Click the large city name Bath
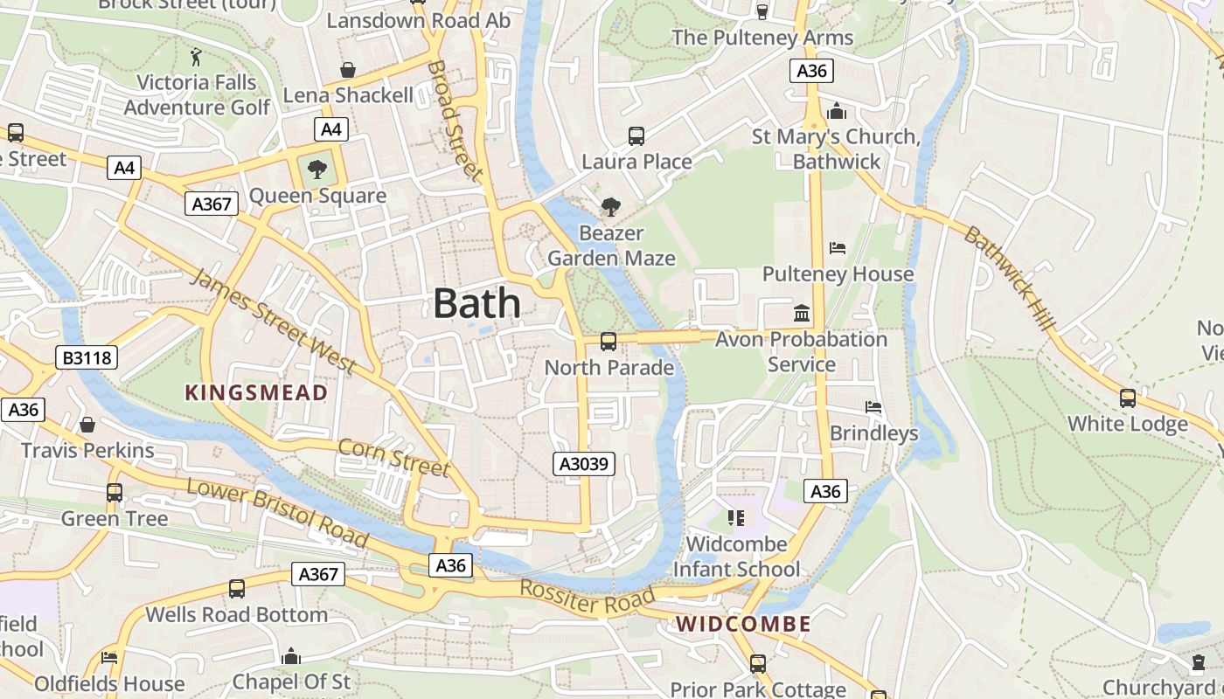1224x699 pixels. coord(477,304)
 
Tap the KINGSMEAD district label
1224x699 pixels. coord(256,393)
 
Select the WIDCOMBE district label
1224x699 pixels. coord(744,624)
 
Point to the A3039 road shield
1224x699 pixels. coord(584,464)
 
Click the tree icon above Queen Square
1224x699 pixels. coord(316,170)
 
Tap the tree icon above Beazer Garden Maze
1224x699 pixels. coord(610,207)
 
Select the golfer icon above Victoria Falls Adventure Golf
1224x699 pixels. coord(196,57)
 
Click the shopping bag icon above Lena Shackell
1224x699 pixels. coord(348,69)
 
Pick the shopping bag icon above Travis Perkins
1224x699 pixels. coord(87,425)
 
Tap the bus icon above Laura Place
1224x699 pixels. coord(636,136)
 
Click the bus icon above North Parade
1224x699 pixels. coord(609,342)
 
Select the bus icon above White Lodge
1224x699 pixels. coord(1128,398)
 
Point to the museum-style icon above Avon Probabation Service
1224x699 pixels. coord(801,313)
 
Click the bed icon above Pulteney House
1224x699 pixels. coord(838,248)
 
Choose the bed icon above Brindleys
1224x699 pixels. coord(873,407)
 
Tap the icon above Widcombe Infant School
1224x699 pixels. coord(736,518)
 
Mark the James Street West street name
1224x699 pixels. coord(274,321)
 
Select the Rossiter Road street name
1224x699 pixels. coord(587,598)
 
